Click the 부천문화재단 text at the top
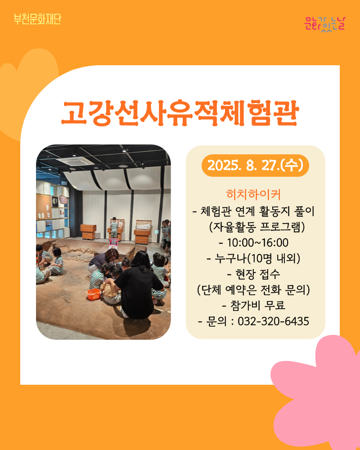pos(37,19)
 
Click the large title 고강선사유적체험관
pos(180,113)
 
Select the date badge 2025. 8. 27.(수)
pos(255,166)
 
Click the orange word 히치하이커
pos(253,194)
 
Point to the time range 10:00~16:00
pos(254,243)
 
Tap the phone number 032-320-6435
pos(274,321)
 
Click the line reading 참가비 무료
pos(254,306)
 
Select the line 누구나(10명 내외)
pos(254,259)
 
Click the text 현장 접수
pos(254,274)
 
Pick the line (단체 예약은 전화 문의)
pos(254,290)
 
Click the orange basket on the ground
pos(94,294)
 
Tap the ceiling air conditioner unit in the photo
pos(75,161)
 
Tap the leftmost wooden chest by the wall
pos(88,232)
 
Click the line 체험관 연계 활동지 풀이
pos(254,211)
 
